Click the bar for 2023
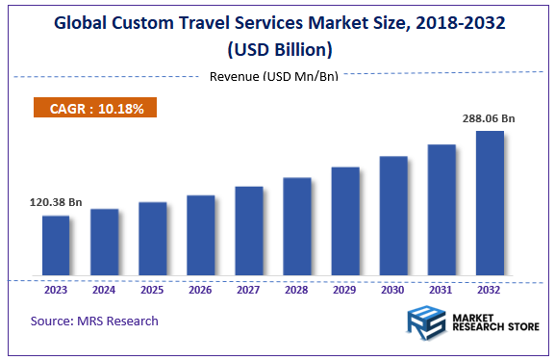pyautogui.click(x=56, y=244)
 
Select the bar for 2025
pyautogui.click(x=152, y=238)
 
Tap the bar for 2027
pyautogui.click(x=249, y=230)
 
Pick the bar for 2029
pyautogui.click(x=345, y=220)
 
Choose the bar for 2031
pyautogui.click(x=441, y=209)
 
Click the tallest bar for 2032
pyautogui.click(x=490, y=202)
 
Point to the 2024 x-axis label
pyautogui.click(x=104, y=289)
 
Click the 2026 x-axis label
pyautogui.click(x=200, y=289)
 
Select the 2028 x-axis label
pyautogui.click(x=297, y=289)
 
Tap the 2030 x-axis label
pyautogui.click(x=393, y=289)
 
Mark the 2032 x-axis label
pyautogui.click(x=490, y=289)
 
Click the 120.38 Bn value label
pyautogui.click(x=56, y=203)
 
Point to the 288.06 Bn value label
pyautogui.click(x=490, y=118)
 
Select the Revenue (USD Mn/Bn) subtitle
pyautogui.click(x=273, y=76)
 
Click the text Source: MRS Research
pyautogui.click(x=94, y=321)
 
